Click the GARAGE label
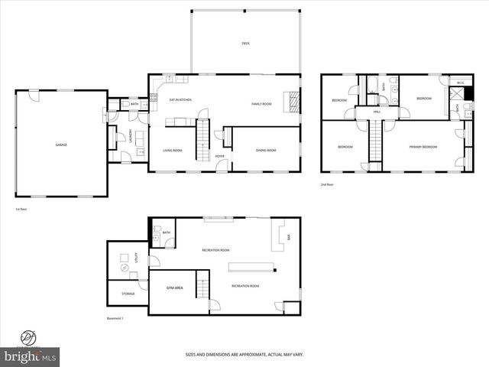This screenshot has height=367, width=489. click(x=60, y=145)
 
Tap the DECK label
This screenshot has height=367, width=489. click(x=245, y=44)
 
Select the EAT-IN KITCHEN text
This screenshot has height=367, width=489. click(x=180, y=100)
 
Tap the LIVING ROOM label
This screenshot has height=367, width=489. click(x=173, y=151)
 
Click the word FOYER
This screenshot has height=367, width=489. click(x=220, y=156)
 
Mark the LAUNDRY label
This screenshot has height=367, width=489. click(x=131, y=136)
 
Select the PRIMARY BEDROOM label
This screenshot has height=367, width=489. click(x=423, y=147)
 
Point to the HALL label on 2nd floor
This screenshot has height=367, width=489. click(x=377, y=112)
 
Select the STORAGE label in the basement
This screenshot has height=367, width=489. click(x=128, y=293)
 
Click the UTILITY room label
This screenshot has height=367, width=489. click(x=136, y=260)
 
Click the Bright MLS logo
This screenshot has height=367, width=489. click(x=31, y=356)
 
